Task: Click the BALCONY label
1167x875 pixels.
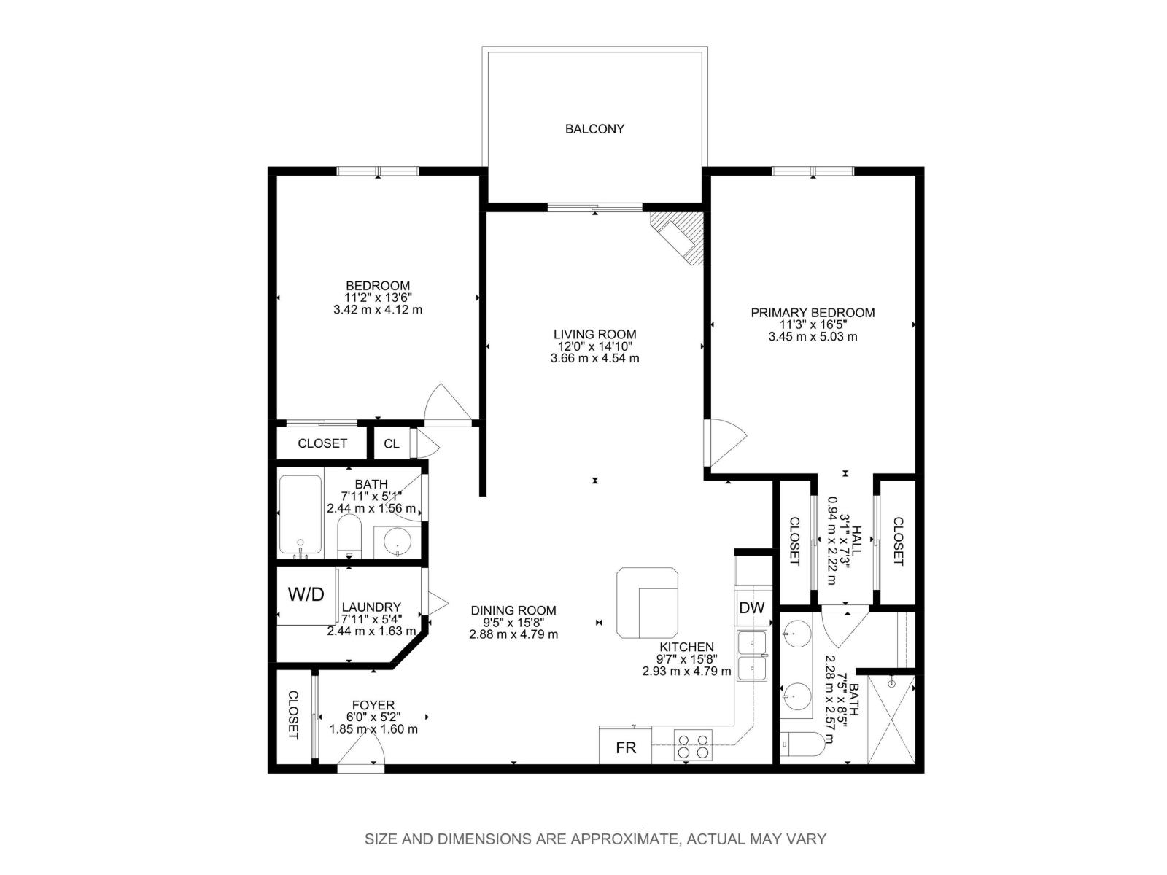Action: coord(594,129)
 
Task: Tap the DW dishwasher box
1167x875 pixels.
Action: coord(751,607)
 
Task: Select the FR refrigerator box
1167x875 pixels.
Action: coord(626,747)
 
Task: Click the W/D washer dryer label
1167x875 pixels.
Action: coord(306,594)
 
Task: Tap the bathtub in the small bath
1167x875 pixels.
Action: coord(300,515)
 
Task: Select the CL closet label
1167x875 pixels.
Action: coord(392,443)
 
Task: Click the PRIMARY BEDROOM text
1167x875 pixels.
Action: coord(813,313)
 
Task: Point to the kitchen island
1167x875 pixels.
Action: coord(648,602)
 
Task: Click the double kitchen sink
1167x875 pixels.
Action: coord(751,656)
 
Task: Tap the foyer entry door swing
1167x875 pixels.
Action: coord(362,747)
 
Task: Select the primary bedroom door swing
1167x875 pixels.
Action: coord(726,441)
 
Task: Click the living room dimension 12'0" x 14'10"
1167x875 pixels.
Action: coord(594,346)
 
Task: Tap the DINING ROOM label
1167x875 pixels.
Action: coord(513,610)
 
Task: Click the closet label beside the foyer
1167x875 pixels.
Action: coord(292,715)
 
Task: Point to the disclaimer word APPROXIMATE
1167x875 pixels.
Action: coord(622,839)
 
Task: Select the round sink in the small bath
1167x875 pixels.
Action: coord(397,543)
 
